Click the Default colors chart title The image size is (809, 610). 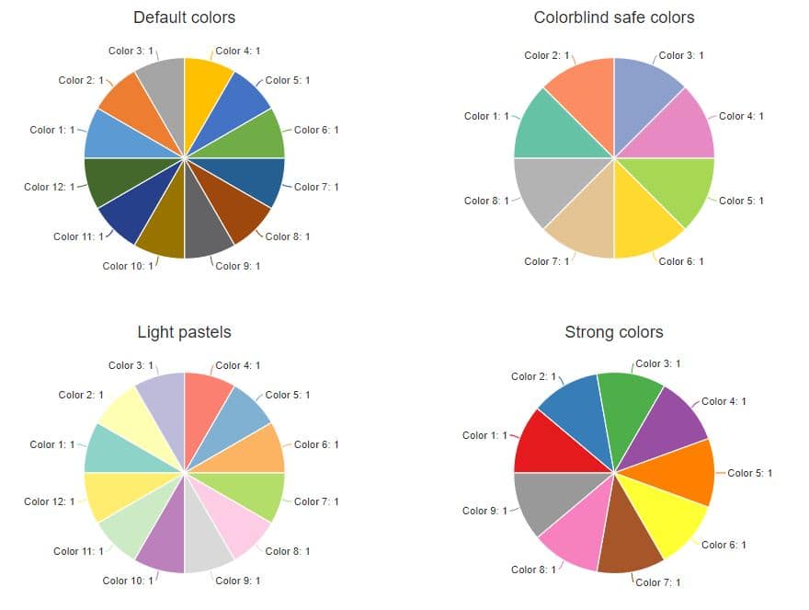click(184, 17)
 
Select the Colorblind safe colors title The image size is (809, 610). click(614, 17)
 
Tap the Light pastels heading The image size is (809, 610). click(184, 332)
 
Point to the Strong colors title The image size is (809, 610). click(614, 332)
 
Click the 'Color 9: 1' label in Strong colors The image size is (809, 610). click(484, 511)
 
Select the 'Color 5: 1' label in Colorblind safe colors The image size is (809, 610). click(741, 201)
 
